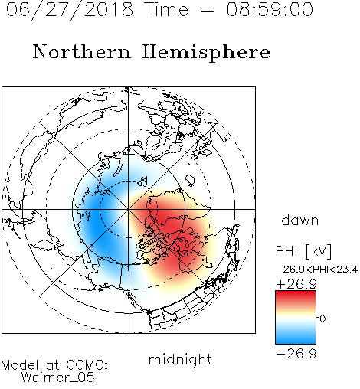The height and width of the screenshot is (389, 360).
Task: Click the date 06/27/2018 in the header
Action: [70, 10]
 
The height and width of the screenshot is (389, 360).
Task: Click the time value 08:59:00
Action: [270, 9]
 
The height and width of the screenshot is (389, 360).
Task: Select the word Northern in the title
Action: [82, 51]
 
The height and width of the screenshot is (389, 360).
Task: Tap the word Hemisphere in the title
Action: [206, 52]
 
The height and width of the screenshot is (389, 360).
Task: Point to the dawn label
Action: [300, 220]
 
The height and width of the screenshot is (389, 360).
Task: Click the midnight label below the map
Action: [180, 360]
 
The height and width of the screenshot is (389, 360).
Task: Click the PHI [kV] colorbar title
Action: [303, 251]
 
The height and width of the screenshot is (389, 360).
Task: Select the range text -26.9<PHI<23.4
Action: [316, 270]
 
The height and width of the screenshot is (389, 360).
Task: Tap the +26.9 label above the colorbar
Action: [296, 284]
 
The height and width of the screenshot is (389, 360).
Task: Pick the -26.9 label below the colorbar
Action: [296, 354]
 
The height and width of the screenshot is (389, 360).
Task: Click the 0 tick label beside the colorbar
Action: [322, 319]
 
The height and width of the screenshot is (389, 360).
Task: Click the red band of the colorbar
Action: [296, 297]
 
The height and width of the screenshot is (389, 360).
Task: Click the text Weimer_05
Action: [58, 378]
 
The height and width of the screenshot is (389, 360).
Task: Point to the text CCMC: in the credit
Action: [87, 365]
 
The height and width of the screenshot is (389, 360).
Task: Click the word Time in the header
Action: [166, 9]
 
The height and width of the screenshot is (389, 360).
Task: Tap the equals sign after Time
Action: [208, 10]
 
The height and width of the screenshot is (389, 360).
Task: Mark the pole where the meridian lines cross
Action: [129, 209]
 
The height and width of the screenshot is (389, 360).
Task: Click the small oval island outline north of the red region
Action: [190, 180]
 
